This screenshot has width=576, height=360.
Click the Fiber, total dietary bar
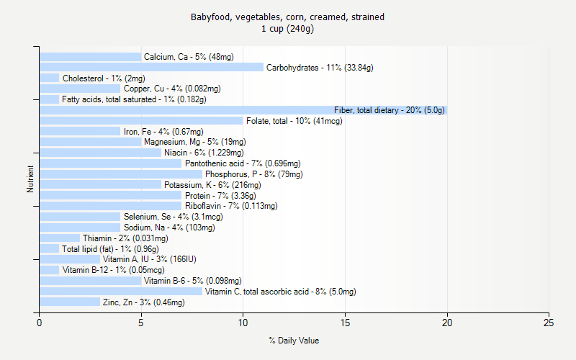(243, 110)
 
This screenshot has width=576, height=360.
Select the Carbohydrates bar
(151, 68)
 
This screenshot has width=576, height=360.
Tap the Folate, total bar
(141, 121)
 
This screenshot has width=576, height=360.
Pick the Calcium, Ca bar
(90, 57)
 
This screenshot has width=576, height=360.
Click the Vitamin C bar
(121, 292)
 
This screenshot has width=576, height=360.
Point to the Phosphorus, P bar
(121, 174)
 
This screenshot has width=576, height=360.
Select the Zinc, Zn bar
(70, 302)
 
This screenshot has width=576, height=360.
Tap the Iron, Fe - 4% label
(163, 132)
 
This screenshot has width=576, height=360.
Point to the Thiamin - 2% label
(125, 238)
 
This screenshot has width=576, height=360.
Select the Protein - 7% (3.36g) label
(220, 196)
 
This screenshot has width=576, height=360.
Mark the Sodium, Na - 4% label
(169, 228)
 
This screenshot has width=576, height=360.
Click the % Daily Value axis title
(294, 341)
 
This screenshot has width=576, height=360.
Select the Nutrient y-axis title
(30, 179)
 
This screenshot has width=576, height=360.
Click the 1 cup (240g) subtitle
(287, 29)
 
